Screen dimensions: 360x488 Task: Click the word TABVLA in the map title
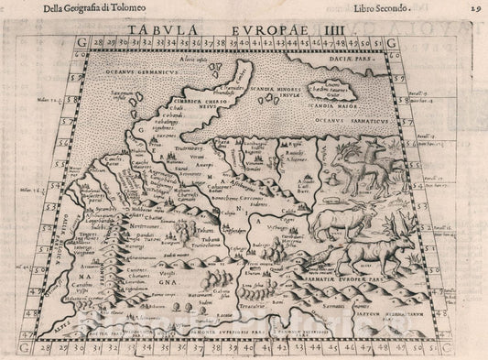pyautogui.click(x=157, y=28)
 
